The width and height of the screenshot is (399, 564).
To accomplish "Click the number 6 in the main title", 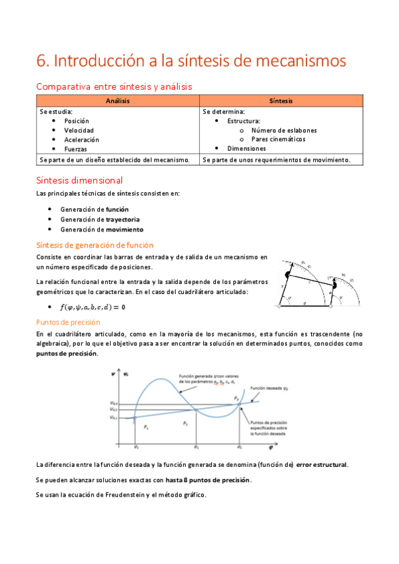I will pos(41,61).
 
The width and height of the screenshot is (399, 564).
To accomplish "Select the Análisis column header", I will pos(117,100).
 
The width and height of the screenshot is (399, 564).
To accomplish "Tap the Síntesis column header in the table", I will pos(280,100).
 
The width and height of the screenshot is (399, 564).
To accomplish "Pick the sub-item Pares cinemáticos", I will pos(278,140).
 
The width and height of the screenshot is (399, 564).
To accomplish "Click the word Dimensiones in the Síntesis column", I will pos(246,149).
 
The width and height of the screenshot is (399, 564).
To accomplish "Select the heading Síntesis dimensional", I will pos(79,180).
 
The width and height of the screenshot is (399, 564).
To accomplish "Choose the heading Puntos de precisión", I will pos(70,322).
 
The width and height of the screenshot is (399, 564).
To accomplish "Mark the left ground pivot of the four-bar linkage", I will pos(280,306).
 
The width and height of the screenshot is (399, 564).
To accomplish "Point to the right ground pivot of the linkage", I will pos(330,306).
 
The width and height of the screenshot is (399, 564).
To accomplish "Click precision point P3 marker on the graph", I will pos(239,401).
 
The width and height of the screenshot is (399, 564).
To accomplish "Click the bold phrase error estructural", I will pos(322,464).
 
